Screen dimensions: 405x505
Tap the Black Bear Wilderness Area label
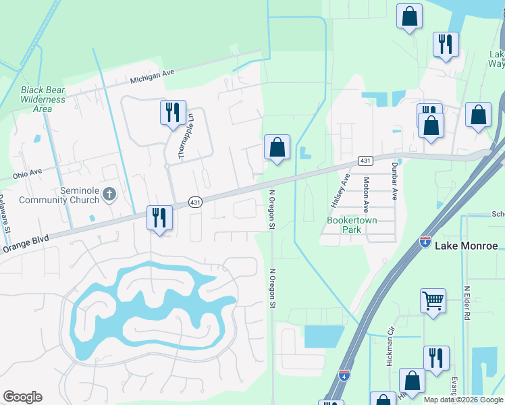43,99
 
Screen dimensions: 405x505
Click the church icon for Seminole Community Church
109,195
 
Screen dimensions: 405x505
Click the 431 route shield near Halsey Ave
365,161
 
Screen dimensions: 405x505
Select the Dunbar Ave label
394,182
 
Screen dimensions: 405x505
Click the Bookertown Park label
352,225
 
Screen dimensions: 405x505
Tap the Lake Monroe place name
466,245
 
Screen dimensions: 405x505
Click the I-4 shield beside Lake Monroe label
425,242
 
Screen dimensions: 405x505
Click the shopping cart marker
433,301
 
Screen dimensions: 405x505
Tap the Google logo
22,397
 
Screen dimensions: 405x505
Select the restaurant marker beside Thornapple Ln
173,112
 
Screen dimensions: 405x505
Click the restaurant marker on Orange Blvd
160,218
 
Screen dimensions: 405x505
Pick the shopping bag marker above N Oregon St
277,147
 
